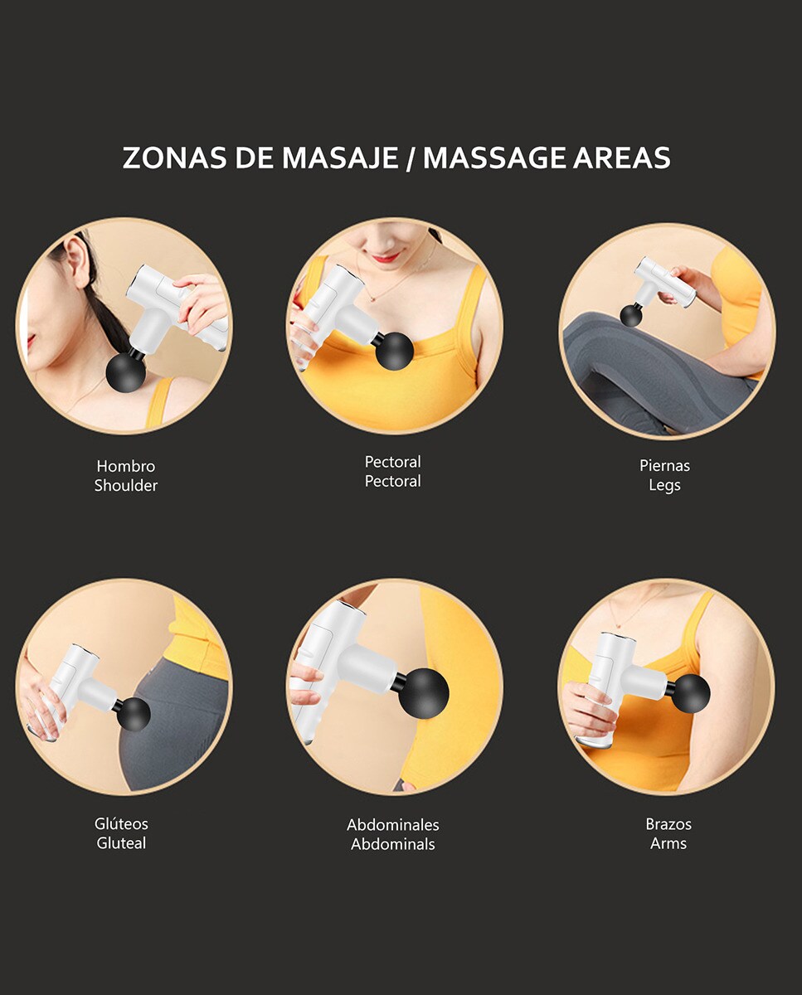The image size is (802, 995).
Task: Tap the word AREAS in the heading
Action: point(622,158)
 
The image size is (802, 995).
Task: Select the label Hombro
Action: point(126,466)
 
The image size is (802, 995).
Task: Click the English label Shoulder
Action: point(126,486)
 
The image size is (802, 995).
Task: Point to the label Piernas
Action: point(664,466)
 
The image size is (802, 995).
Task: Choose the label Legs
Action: point(664,486)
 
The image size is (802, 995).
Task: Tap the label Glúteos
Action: point(121,823)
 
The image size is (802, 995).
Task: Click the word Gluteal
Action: point(121,843)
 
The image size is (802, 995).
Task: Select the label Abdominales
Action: point(393,824)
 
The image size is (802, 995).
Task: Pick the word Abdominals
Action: point(393,844)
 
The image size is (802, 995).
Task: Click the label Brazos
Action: point(668,824)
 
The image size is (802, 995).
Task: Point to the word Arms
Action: point(668,843)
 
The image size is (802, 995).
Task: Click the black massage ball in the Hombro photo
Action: point(126,372)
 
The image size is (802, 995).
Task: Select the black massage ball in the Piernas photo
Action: point(630,316)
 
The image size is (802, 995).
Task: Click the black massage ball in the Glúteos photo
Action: point(134,715)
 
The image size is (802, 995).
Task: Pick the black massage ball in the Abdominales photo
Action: point(425,692)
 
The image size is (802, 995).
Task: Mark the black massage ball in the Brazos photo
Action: point(689,692)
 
